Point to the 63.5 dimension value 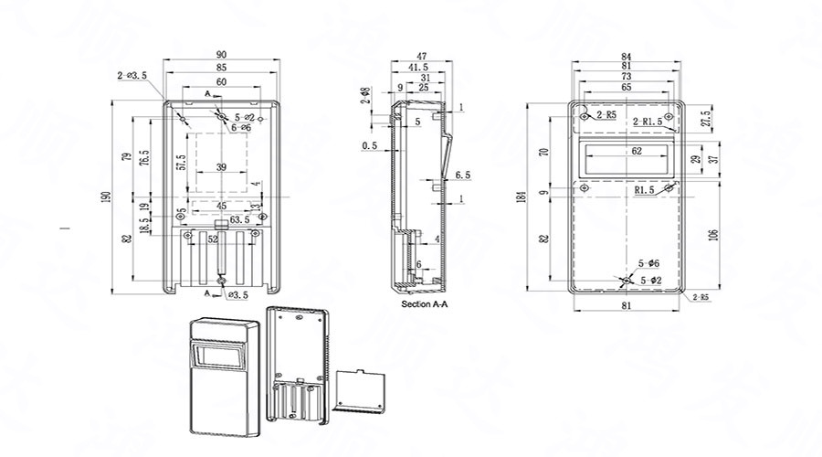(x=240, y=219)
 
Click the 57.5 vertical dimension (x=182, y=163)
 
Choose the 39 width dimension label (x=222, y=166)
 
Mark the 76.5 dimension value (x=143, y=156)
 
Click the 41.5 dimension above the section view (x=418, y=68)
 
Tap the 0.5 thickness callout (x=369, y=145)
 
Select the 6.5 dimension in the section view (x=461, y=174)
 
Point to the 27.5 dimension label (x=705, y=120)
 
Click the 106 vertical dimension (x=712, y=233)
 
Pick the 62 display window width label (x=637, y=150)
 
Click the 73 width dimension (x=626, y=78)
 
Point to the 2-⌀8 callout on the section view (x=365, y=95)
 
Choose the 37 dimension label (x=713, y=158)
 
